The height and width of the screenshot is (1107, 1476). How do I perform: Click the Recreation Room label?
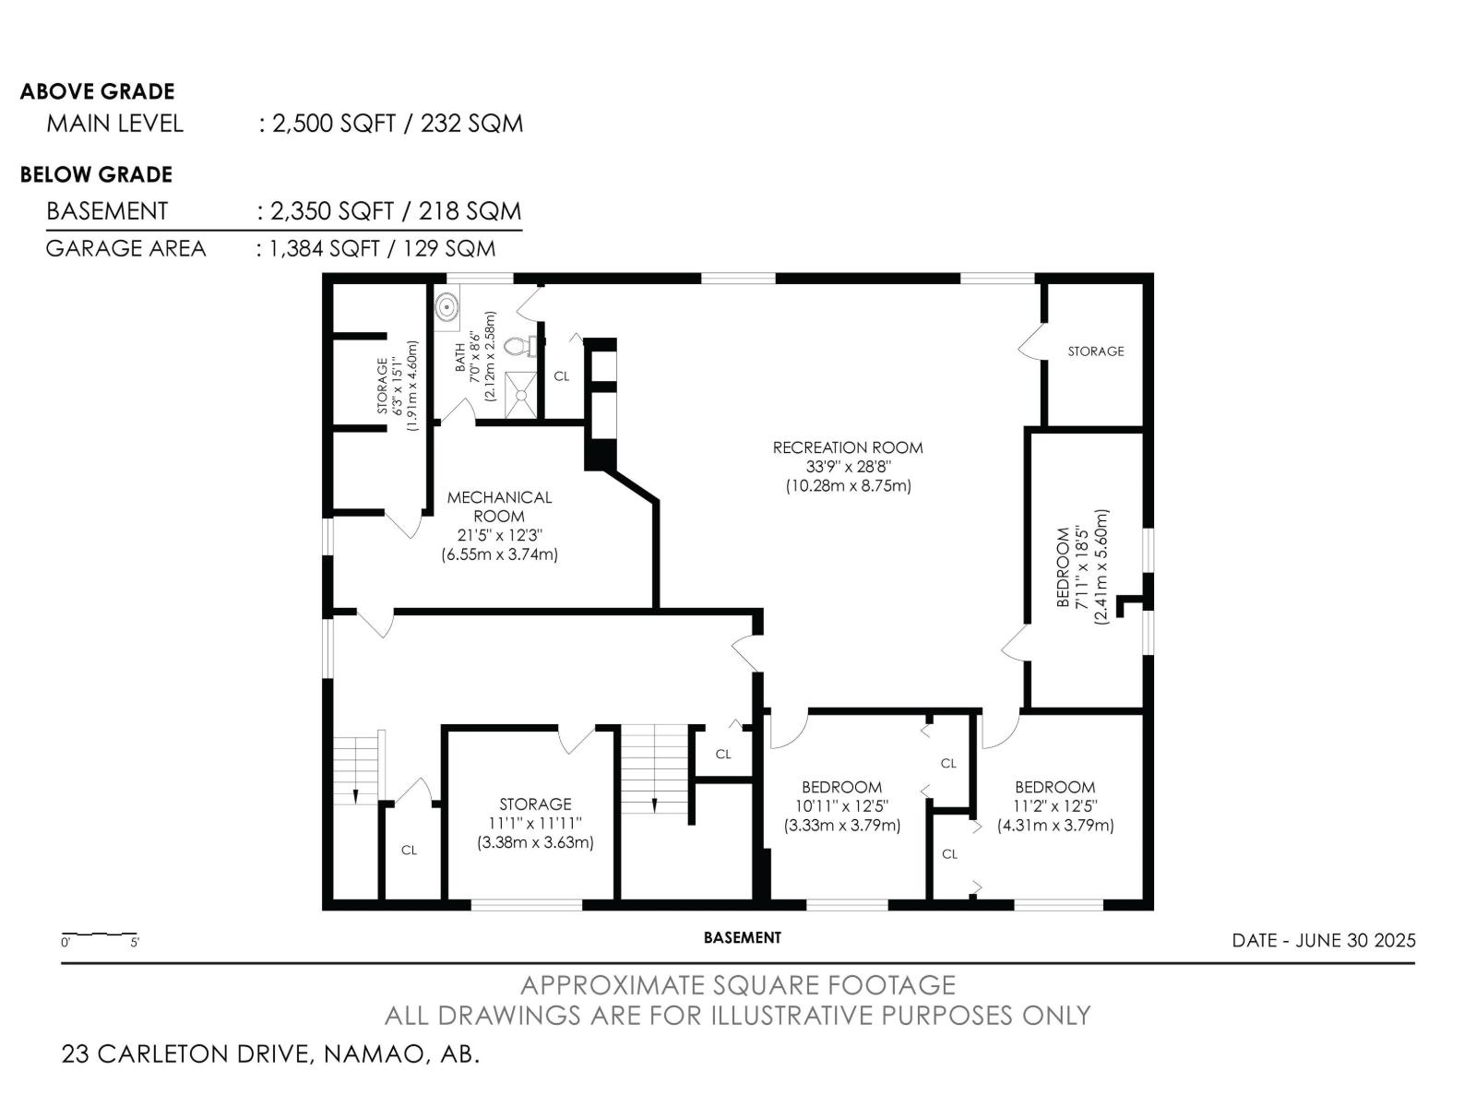(847, 447)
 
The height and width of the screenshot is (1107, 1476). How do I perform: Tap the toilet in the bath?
(518, 346)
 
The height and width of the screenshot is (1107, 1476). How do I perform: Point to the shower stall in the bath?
(522, 395)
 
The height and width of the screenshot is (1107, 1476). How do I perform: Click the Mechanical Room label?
(499, 506)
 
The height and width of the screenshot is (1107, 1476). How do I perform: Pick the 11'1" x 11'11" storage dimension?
(535, 824)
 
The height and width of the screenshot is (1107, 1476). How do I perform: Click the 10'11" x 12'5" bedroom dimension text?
(842, 806)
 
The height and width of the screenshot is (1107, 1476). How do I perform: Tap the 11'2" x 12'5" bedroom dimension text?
(1055, 806)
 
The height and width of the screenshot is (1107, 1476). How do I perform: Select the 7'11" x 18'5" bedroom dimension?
(1082, 568)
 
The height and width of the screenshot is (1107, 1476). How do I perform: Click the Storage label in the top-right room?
(1095, 351)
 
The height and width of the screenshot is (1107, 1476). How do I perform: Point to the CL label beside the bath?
(562, 376)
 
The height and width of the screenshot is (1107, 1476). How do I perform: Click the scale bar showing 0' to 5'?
(101, 936)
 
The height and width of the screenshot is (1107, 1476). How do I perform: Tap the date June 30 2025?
(1324, 940)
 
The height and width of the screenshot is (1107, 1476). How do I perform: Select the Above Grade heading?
(98, 91)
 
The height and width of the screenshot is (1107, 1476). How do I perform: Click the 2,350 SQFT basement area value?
(331, 211)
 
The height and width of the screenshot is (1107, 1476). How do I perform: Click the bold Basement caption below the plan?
(743, 937)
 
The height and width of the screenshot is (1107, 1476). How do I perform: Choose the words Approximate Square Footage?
(738, 985)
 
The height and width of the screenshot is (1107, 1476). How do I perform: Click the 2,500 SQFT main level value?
(334, 124)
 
